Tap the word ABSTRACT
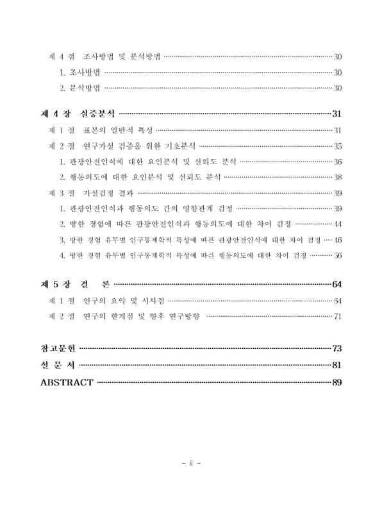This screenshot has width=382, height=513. coord(67,383)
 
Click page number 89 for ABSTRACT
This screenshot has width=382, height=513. coord(337,383)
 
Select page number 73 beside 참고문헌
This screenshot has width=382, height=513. coord(337,349)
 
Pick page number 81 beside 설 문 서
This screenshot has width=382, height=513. coord(337,366)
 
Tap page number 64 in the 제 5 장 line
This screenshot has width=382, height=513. coord(337,285)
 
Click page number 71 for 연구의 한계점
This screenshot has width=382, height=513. coord(338,316)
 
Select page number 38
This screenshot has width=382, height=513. coord(338,177)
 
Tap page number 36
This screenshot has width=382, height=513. coord(338,162)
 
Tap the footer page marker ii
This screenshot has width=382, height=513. coord(191,462)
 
